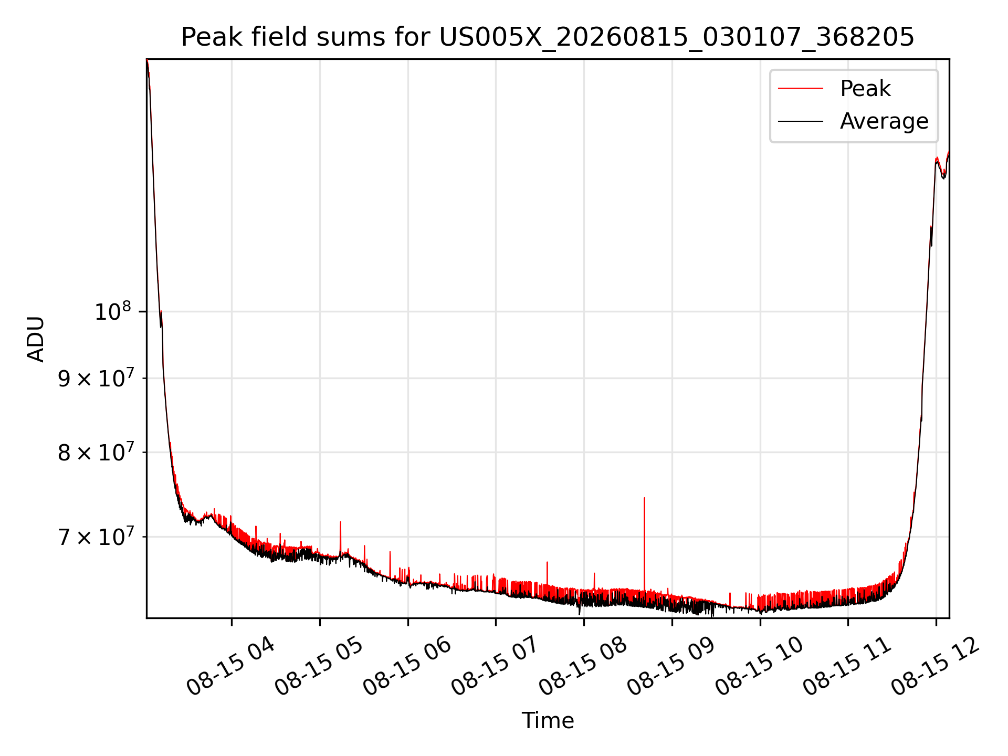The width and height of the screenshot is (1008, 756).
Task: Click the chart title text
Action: [x=548, y=37]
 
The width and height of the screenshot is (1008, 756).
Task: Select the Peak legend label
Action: [x=865, y=88]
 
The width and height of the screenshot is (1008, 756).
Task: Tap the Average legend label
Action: [x=884, y=121]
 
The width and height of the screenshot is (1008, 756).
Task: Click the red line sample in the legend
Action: [x=800, y=88]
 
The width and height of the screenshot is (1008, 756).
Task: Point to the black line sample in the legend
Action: [x=800, y=121]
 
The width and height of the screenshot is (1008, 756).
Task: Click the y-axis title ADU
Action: [x=36, y=339]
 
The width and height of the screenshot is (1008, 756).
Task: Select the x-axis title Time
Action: [x=548, y=720]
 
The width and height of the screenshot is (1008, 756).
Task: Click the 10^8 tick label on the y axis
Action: [x=112, y=312]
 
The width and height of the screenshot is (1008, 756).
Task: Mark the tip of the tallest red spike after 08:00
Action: [x=644, y=498]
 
